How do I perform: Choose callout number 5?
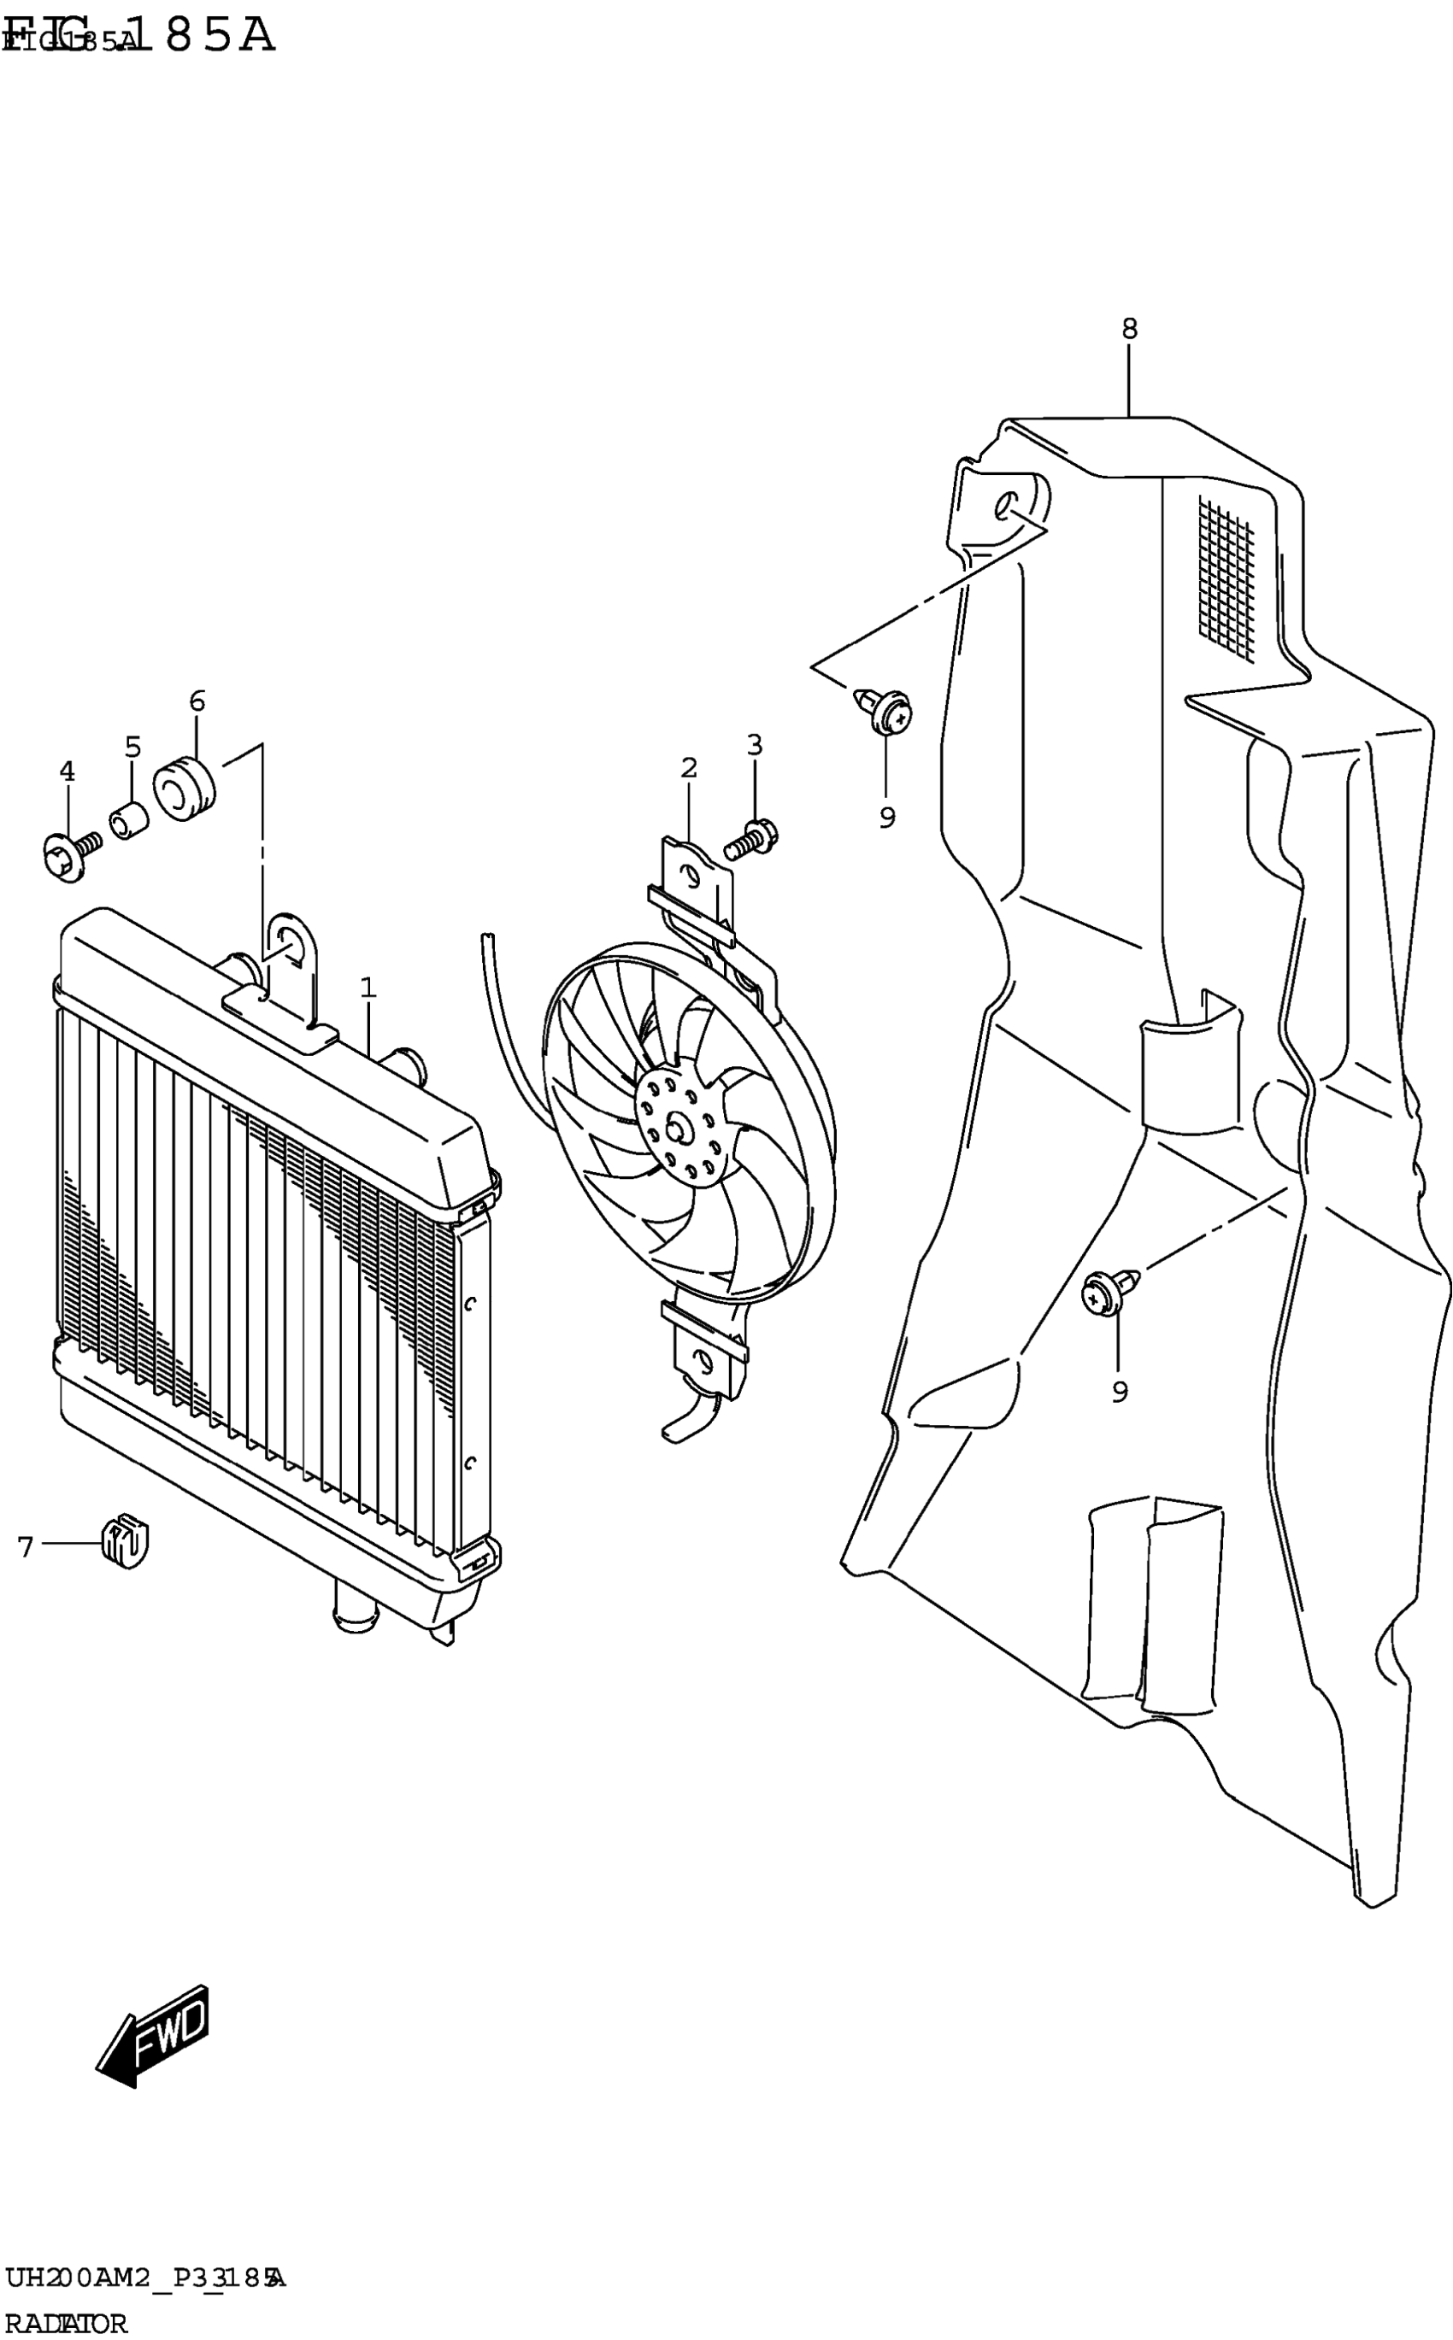coord(132,747)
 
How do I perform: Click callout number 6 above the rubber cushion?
coord(197,701)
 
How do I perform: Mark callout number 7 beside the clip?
coord(26,1546)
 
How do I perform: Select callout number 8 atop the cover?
coord(1129,329)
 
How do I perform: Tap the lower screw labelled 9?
coord(1106,1295)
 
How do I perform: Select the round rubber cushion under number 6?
coord(185,788)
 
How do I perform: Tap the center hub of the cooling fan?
coord(679,1129)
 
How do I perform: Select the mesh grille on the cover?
coord(1227,578)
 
